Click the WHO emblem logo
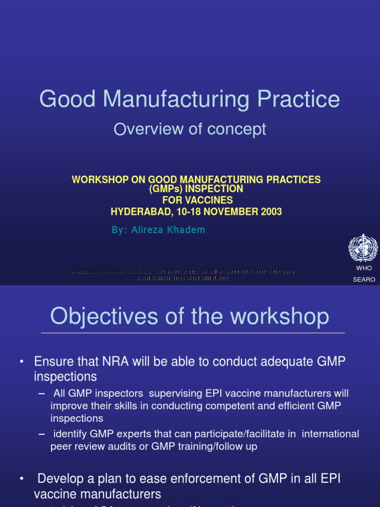363,248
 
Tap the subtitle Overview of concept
190,129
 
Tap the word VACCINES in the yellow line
206,201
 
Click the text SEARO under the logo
364,279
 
